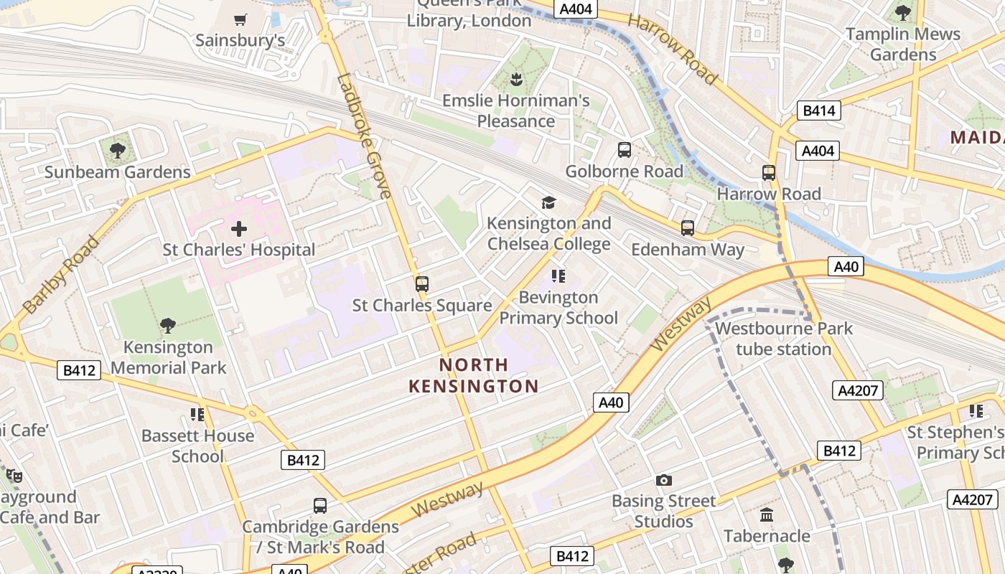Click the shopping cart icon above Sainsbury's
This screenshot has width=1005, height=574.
pyautogui.click(x=240, y=19)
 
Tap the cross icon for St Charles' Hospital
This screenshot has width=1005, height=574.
pyautogui.click(x=239, y=229)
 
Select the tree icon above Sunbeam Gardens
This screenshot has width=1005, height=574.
pyautogui.click(x=117, y=151)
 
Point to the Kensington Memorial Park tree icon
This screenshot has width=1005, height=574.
pyautogui.click(x=168, y=326)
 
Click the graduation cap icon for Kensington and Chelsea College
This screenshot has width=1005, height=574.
pyautogui.click(x=548, y=202)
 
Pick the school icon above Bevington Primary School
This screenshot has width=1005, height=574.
pyautogui.click(x=558, y=276)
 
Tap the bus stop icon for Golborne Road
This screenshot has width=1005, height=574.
pyautogui.click(x=625, y=150)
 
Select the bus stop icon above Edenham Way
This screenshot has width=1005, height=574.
pyautogui.click(x=688, y=228)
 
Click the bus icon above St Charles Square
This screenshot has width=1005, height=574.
pyautogui.click(x=422, y=284)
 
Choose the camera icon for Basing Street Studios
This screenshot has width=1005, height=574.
pyautogui.click(x=664, y=480)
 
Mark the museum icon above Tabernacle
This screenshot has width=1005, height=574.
pyautogui.click(x=767, y=515)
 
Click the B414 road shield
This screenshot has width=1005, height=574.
pyautogui.click(x=818, y=110)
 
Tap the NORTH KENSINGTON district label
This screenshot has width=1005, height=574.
pyautogui.click(x=474, y=375)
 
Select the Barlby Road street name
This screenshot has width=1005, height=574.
pyautogui.click(x=60, y=275)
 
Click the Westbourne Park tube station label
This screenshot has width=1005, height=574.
pyautogui.click(x=784, y=339)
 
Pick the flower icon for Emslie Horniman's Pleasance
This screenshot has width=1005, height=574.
pyautogui.click(x=515, y=78)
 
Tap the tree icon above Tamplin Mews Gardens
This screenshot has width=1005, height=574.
pyautogui.click(x=902, y=13)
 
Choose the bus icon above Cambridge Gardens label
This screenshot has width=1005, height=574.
pyautogui.click(x=320, y=506)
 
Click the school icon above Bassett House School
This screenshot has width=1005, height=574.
pyautogui.click(x=197, y=415)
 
